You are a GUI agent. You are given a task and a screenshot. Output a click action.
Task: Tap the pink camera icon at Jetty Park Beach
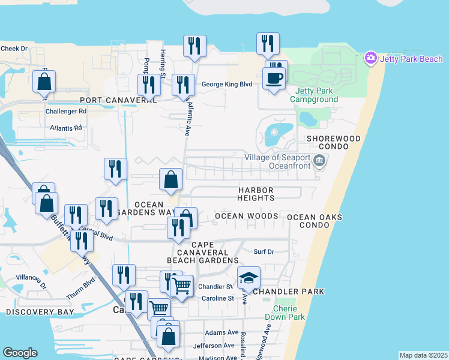(x=370, y=58)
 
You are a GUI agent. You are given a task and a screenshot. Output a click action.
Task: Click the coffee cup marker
(x=274, y=79)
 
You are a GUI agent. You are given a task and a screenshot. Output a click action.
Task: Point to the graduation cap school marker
(x=249, y=278)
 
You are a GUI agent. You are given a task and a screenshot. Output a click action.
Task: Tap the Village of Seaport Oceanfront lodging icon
(x=320, y=160)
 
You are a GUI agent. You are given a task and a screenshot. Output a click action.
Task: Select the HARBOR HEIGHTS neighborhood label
(x=255, y=194)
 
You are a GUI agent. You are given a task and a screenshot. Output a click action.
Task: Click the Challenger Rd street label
(x=66, y=112)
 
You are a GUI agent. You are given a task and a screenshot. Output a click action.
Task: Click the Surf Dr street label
(x=264, y=252)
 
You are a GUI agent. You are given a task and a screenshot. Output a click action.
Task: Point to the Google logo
(x=20, y=353)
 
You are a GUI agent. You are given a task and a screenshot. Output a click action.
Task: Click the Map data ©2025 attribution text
(x=423, y=355)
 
